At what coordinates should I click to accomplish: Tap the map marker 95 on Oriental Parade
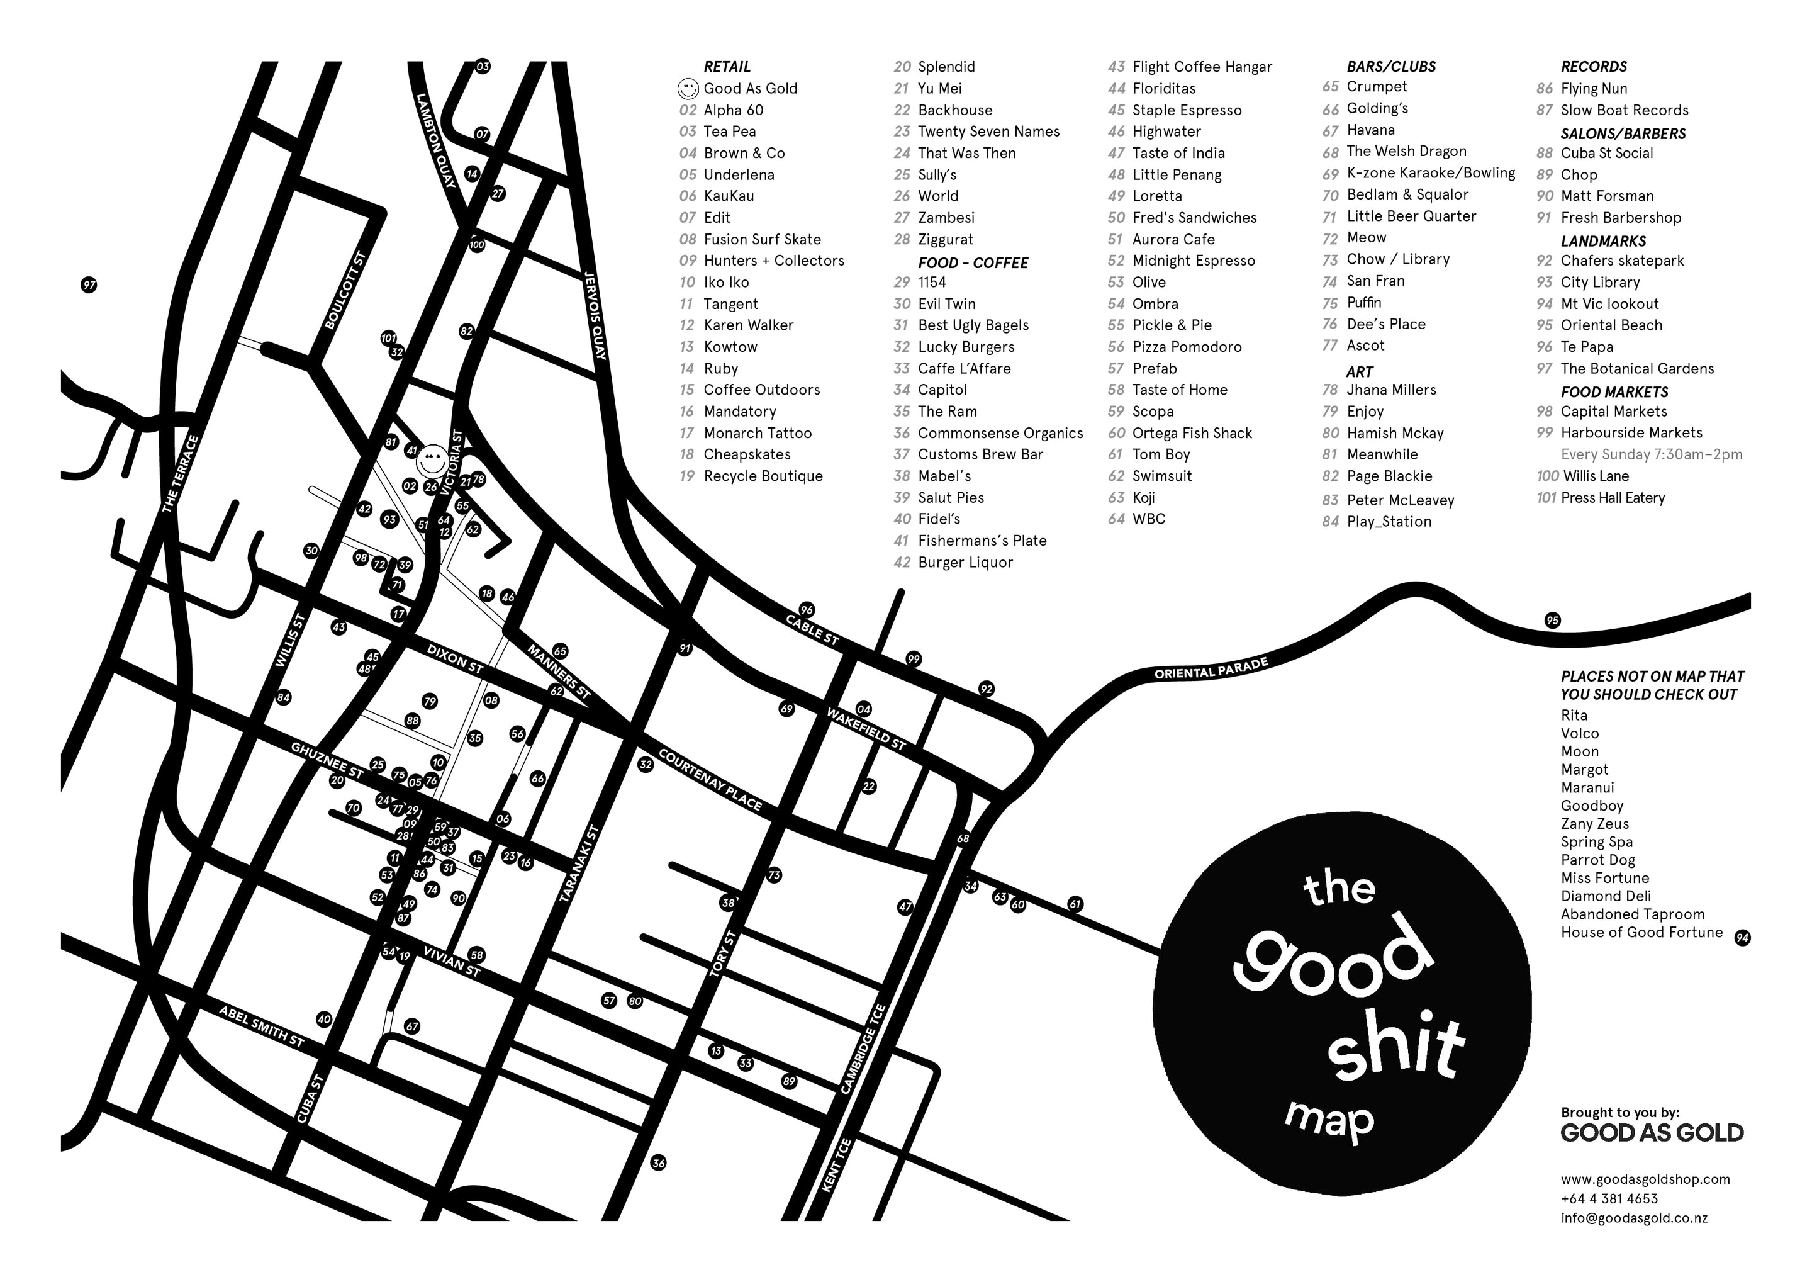coord(1552,621)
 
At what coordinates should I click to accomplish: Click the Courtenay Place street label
coord(710,780)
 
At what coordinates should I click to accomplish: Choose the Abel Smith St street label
coord(261,1026)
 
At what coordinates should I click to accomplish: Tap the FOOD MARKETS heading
coord(1614,391)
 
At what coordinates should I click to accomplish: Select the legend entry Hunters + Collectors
coord(773,261)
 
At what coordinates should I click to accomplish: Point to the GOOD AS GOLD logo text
coord(1652,1133)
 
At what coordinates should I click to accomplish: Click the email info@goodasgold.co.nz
coord(1634,1217)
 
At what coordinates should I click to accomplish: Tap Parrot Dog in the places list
coord(1597,860)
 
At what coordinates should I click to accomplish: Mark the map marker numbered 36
coord(658,1163)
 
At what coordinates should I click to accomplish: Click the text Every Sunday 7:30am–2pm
coord(1651,454)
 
